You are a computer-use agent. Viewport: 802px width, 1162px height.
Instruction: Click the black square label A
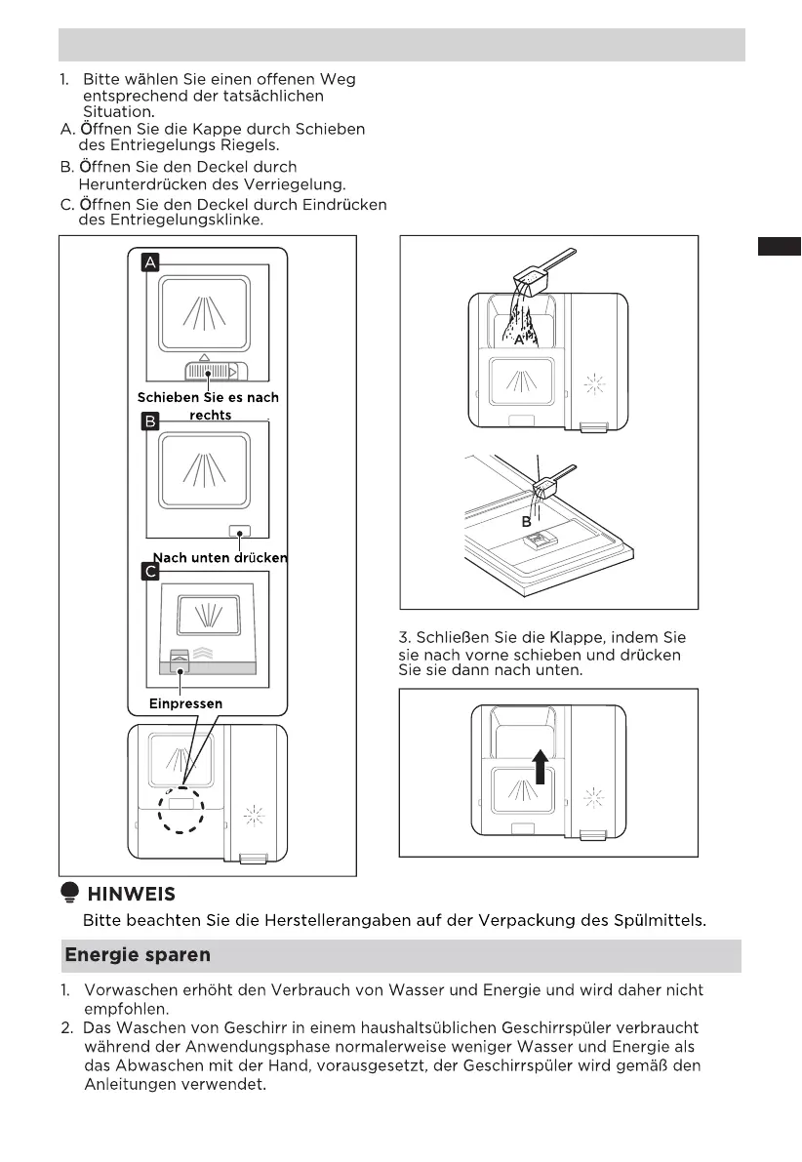pyautogui.click(x=150, y=261)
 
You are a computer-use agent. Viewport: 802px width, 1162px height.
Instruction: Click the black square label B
pyautogui.click(x=150, y=421)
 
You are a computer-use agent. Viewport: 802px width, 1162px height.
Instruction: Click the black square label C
pyautogui.click(x=150, y=571)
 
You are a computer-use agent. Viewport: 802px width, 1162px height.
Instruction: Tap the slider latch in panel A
pyautogui.click(x=214, y=372)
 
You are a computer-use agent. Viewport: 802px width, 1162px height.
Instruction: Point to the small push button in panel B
pyautogui.click(x=238, y=530)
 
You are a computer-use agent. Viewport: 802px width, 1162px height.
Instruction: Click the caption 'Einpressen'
pyautogui.click(x=185, y=703)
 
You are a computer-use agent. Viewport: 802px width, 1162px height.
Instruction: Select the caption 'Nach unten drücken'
pyautogui.click(x=221, y=558)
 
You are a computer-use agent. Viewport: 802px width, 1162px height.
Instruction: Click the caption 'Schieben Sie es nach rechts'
pyautogui.click(x=209, y=406)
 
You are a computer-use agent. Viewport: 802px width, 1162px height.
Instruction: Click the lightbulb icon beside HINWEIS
pyautogui.click(x=69, y=893)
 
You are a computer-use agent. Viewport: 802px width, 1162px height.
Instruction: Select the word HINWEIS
pyautogui.click(x=132, y=894)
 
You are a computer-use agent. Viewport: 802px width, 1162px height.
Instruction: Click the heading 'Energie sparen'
pyautogui.click(x=138, y=954)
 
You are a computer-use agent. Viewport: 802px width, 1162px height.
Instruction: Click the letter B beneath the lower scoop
pyautogui.click(x=526, y=522)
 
